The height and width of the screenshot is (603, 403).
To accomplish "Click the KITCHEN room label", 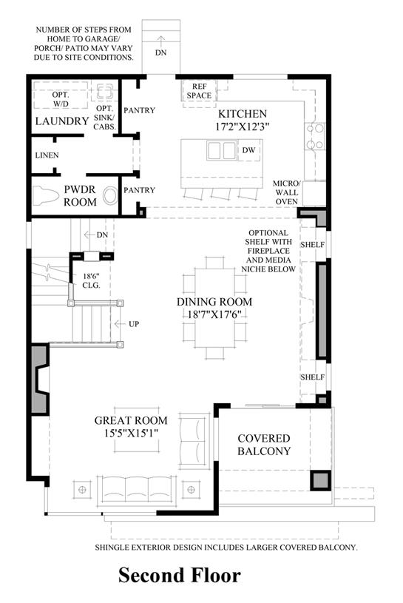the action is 243,114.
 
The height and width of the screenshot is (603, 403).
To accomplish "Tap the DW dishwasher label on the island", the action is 248,150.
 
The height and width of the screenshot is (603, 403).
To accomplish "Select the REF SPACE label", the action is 199,91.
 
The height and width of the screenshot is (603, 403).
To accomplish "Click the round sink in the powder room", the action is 110,196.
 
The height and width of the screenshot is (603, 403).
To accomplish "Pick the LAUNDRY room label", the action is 62,121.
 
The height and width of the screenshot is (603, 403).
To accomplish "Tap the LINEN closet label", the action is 47,155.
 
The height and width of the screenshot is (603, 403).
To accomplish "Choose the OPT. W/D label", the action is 61,99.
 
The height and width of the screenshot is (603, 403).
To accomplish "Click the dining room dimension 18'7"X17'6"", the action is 214,314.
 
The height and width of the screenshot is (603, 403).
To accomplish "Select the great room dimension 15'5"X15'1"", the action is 131,433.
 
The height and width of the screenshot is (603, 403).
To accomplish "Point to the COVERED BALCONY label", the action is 264,445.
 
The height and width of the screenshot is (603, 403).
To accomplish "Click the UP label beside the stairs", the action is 134,324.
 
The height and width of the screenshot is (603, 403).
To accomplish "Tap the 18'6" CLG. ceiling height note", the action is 92,280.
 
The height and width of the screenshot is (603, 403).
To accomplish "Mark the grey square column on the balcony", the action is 320,480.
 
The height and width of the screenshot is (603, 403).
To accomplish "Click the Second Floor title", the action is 180,576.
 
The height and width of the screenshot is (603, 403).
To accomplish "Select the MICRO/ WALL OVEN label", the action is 287,192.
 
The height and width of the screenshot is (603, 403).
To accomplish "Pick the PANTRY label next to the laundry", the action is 139,110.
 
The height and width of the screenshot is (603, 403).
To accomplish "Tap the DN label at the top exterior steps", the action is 161,53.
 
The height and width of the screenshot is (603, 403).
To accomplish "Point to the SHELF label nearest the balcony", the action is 312,377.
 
